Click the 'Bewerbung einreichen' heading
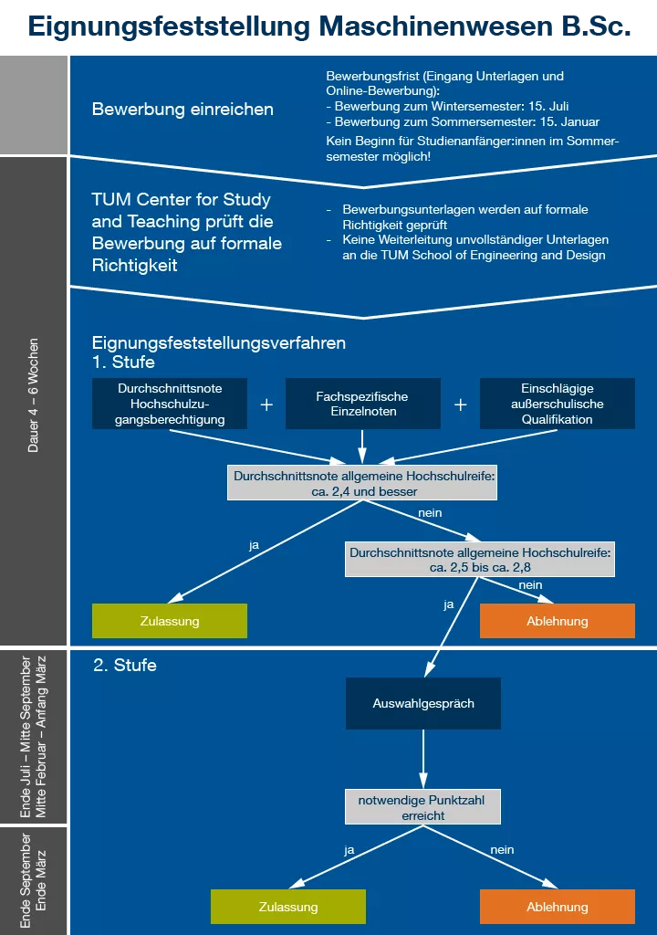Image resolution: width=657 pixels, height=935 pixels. click(182, 110)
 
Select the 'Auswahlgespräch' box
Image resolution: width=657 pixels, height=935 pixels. click(423, 703)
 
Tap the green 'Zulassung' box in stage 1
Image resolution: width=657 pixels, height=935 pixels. click(170, 621)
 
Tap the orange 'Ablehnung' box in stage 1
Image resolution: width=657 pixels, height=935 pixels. click(558, 621)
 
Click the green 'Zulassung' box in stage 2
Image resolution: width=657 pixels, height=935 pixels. click(288, 907)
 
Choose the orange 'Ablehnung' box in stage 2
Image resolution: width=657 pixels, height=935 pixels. click(558, 907)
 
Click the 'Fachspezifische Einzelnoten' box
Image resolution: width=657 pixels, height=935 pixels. click(362, 404)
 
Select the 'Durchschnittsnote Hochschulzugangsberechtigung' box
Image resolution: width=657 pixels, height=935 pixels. click(170, 404)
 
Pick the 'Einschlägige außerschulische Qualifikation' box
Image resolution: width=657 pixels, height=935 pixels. click(558, 404)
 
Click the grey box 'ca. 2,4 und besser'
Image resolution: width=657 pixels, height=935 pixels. click(362, 484)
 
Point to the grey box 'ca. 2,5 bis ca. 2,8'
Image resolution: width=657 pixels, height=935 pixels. click(481, 560)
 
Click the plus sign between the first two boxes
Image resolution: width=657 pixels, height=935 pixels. click(266, 404)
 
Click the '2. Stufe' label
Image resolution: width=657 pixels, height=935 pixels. click(125, 666)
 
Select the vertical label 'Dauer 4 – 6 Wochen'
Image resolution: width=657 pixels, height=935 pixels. click(34, 395)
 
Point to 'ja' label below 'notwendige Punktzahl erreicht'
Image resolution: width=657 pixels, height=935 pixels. click(349, 850)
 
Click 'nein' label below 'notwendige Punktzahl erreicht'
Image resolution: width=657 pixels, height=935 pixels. click(502, 850)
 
